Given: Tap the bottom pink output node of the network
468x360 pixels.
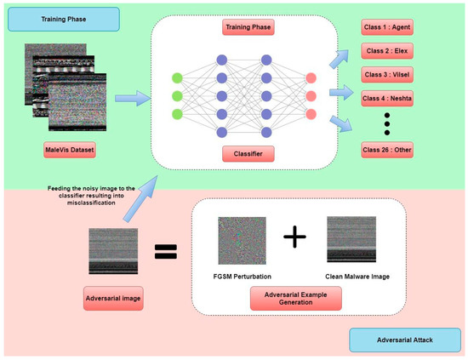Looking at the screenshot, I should (311, 114).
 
